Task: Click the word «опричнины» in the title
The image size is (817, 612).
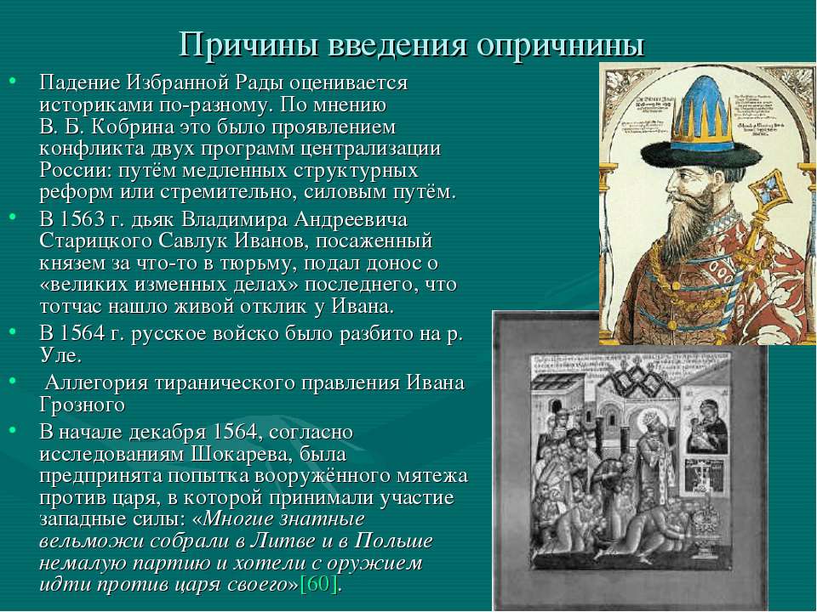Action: (561, 45)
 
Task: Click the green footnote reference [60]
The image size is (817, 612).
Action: (319, 585)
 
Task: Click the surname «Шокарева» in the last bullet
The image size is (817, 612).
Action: (240, 454)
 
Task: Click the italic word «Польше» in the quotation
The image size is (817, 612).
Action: (393, 541)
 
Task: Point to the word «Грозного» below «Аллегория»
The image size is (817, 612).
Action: (83, 405)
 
